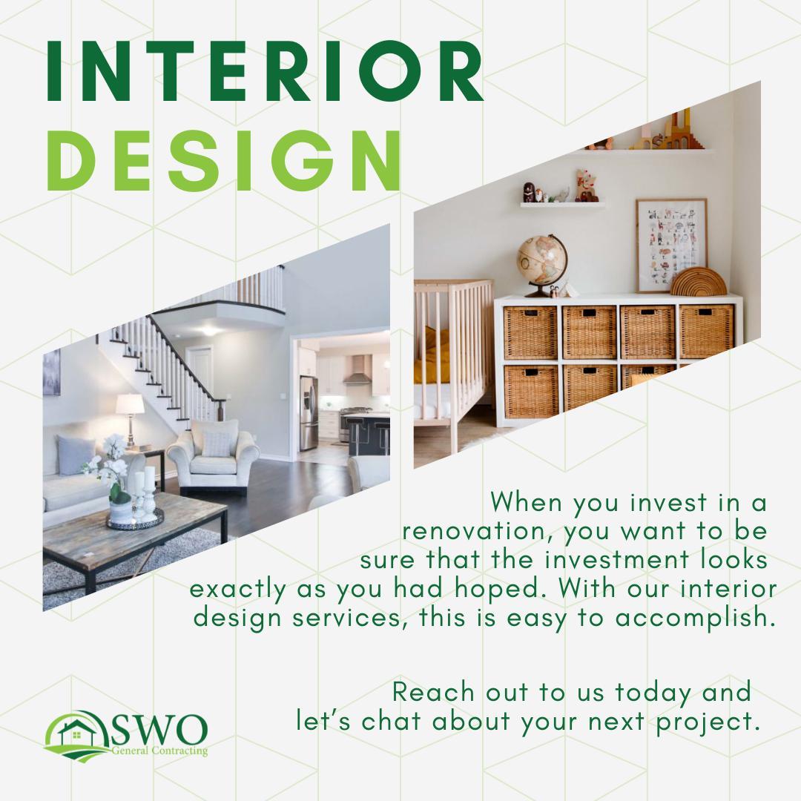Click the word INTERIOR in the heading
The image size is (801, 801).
265,71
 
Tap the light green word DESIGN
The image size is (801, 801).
224,160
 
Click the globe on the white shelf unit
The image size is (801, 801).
542,264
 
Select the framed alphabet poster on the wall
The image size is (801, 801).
671,245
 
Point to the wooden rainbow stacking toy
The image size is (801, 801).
698,282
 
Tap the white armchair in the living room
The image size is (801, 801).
213,456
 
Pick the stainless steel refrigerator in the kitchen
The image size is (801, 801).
309,413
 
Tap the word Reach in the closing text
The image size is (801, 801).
434,692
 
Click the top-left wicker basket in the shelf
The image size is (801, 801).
530,332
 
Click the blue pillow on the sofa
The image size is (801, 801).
75,454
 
